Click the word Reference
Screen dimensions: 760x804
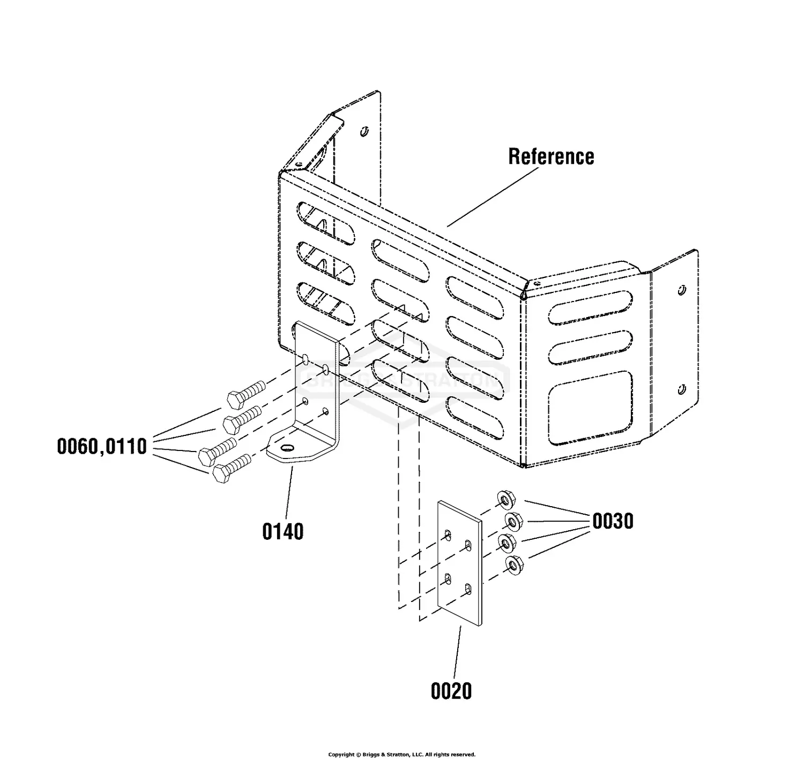(x=551, y=156)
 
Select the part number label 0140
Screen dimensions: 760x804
(x=283, y=531)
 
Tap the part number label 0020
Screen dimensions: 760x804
(x=451, y=690)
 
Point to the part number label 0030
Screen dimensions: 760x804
(x=613, y=521)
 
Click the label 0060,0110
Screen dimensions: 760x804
(x=102, y=446)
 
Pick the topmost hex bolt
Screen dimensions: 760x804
(x=246, y=393)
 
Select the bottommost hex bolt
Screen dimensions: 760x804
(x=232, y=468)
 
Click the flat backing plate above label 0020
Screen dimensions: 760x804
(x=460, y=562)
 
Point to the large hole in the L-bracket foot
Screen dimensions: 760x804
(x=288, y=448)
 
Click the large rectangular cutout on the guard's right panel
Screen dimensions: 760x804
(x=589, y=407)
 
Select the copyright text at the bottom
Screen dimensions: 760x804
(x=401, y=754)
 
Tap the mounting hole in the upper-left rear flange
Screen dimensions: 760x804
(x=364, y=130)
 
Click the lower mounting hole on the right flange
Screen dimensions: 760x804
(x=682, y=388)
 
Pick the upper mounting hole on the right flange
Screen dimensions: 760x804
(x=682, y=290)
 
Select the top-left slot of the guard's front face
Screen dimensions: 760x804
(x=326, y=223)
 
